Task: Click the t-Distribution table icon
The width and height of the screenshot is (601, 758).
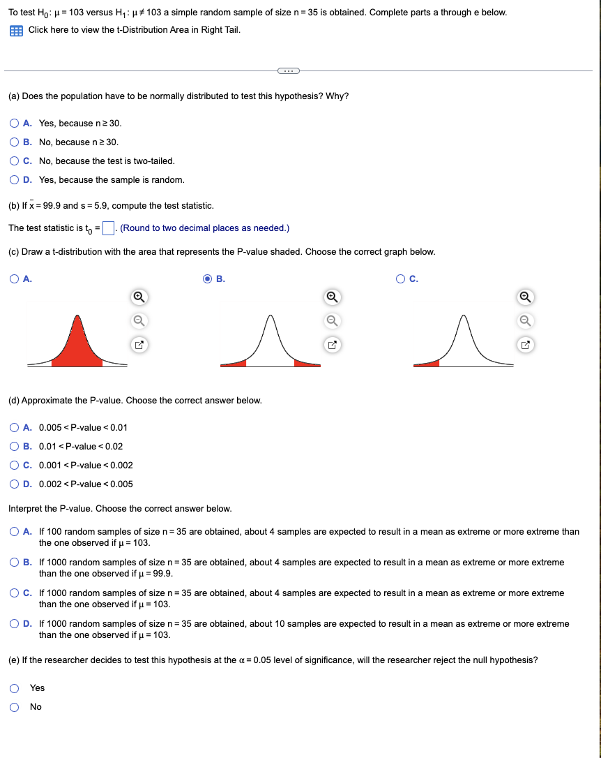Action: (15, 30)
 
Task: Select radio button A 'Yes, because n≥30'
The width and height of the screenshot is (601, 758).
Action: (15, 124)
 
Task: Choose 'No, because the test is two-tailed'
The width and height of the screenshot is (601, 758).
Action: (15, 161)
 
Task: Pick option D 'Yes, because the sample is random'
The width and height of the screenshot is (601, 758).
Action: (15, 180)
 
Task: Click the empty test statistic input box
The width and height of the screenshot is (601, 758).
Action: (108, 228)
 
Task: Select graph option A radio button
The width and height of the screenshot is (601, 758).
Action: (15, 279)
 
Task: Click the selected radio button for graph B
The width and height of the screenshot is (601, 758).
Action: (207, 279)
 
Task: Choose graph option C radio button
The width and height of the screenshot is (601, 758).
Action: (400, 279)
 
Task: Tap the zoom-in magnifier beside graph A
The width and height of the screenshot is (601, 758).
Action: (138, 297)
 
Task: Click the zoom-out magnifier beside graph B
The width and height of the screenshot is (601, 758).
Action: (332, 321)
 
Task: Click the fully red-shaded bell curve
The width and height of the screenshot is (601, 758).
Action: (77, 345)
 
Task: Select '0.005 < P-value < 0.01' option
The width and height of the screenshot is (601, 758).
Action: (15, 428)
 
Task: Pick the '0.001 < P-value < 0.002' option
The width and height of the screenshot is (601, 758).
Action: (15, 466)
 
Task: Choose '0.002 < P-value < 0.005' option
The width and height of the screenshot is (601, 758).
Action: (15, 484)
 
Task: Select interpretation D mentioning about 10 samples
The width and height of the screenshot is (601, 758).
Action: (15, 624)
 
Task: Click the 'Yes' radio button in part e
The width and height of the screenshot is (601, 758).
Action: (15, 688)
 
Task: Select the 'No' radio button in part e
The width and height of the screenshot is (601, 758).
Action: (15, 707)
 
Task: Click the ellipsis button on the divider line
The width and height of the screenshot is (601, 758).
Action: (287, 70)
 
